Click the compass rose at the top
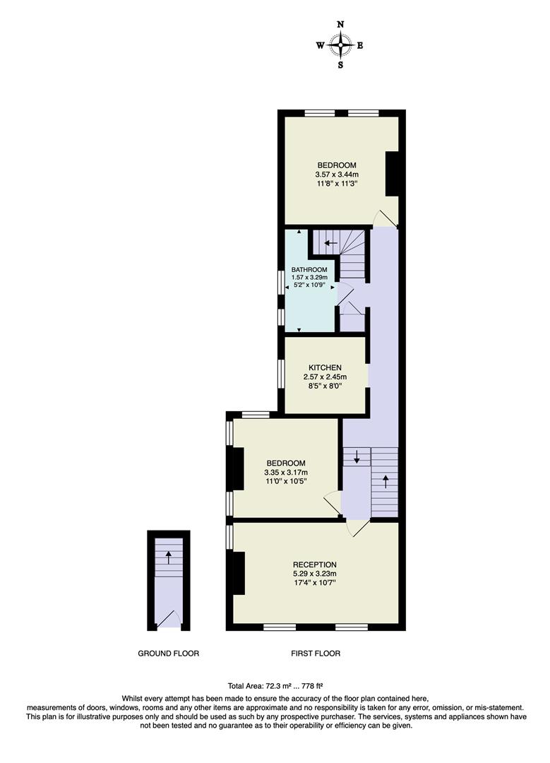340,45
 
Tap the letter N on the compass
340,25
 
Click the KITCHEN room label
325,367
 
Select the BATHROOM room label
309,270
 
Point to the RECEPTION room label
315,564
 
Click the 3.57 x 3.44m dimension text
337,175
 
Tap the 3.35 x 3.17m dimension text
286,472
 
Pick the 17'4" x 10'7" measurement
315,583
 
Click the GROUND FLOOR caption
168,653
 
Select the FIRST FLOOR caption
316,653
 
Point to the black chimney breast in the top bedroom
393,174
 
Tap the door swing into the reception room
358,528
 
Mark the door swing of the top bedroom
385,218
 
